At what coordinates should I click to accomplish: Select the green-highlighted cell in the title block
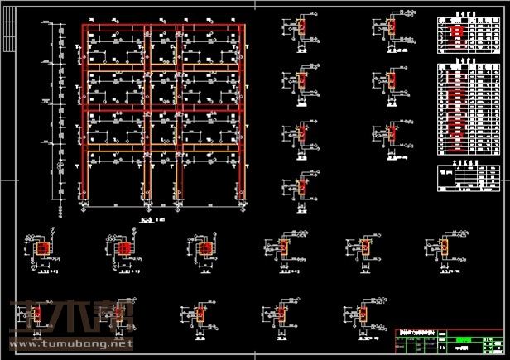pos(464,338)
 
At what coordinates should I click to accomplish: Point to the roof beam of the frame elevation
pos(163,28)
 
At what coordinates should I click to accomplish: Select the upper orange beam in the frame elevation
pos(163,65)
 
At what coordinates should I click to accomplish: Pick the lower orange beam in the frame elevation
pos(163,146)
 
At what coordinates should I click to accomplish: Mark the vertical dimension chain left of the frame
pos(60,116)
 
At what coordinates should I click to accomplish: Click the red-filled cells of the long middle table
pos(456,108)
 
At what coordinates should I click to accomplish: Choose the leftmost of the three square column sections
pos(44,248)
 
